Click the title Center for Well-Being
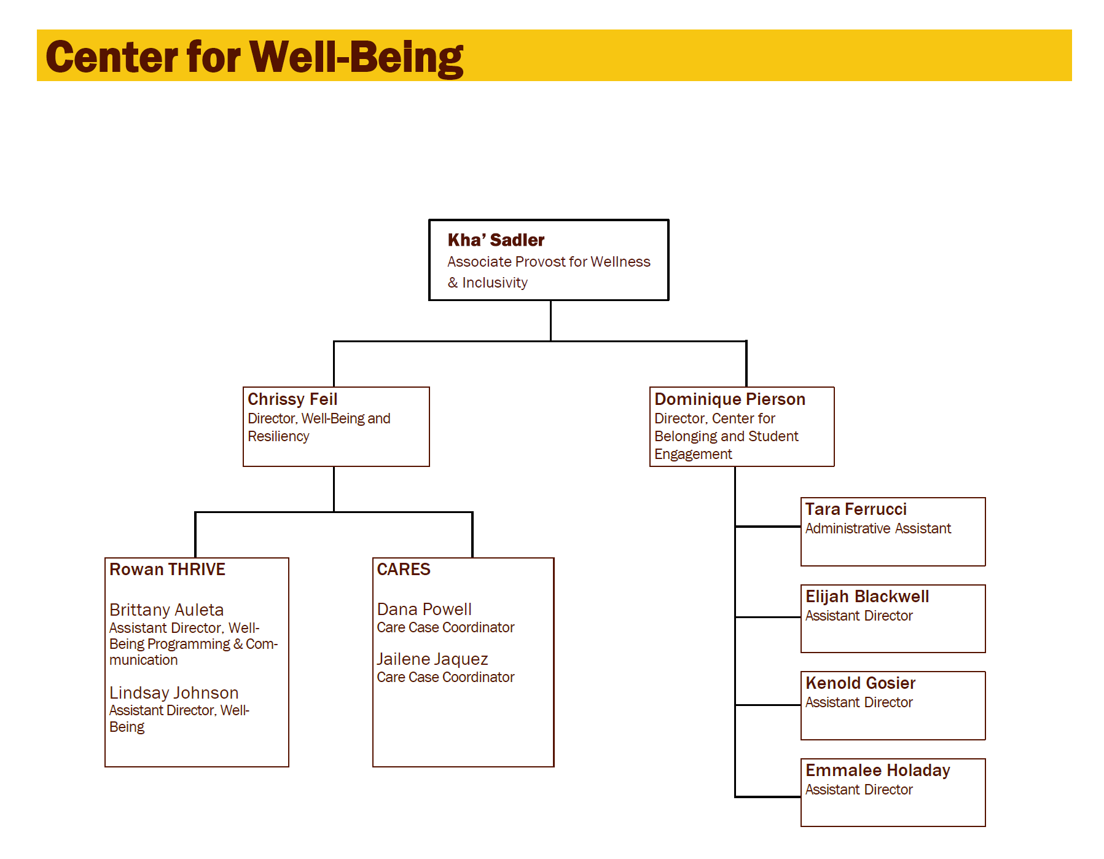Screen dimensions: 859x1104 point(254,57)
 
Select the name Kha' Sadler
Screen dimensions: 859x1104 point(496,240)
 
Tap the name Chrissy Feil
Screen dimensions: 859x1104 point(292,399)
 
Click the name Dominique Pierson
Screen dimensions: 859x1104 point(729,399)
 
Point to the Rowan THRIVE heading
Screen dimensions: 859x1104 point(167,570)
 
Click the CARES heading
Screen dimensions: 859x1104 point(404,570)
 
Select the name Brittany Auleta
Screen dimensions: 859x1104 point(166,610)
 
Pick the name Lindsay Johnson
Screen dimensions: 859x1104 point(174,692)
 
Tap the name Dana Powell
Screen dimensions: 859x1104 point(424,609)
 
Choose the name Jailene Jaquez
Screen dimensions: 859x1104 point(433,659)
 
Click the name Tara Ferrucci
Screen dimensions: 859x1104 point(856,509)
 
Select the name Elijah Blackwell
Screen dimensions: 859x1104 point(867,597)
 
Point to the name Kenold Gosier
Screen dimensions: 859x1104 point(860,683)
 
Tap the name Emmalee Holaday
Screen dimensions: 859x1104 point(877,771)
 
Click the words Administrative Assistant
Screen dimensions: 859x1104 point(878,528)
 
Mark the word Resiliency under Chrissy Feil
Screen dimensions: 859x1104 point(278,436)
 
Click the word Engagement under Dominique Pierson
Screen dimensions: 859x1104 point(693,454)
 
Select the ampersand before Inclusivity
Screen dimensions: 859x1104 point(453,283)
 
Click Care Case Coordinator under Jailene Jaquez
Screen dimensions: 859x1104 point(445,677)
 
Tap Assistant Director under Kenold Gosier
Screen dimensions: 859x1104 point(859,702)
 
